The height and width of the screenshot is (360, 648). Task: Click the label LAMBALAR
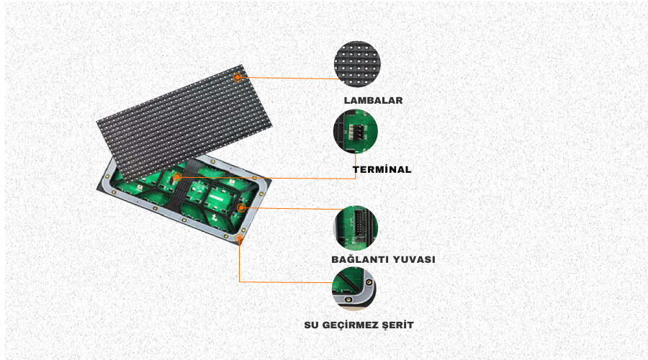pyautogui.click(x=373, y=100)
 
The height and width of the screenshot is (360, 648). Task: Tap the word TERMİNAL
pyautogui.click(x=382, y=169)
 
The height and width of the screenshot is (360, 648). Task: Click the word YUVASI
pyautogui.click(x=414, y=260)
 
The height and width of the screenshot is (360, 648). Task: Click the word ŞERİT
pyautogui.click(x=398, y=325)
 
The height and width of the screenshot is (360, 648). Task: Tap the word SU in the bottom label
pyautogui.click(x=311, y=325)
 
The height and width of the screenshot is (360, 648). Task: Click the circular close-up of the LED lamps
pyautogui.click(x=357, y=64)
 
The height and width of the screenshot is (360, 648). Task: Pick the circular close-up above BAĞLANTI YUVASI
pyautogui.click(x=356, y=228)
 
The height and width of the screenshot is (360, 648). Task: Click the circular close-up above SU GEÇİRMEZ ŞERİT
pyautogui.click(x=354, y=289)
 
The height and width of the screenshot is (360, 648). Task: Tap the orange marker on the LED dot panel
pyautogui.click(x=237, y=77)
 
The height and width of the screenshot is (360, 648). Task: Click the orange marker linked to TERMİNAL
pyautogui.click(x=177, y=177)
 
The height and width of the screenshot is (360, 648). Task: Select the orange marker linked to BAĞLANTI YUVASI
pyautogui.click(x=241, y=207)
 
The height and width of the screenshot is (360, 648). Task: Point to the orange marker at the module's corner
pyautogui.click(x=239, y=238)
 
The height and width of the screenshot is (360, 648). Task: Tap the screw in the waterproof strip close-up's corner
pyautogui.click(x=369, y=283)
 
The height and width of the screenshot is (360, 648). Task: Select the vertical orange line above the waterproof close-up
pyautogui.click(x=239, y=261)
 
